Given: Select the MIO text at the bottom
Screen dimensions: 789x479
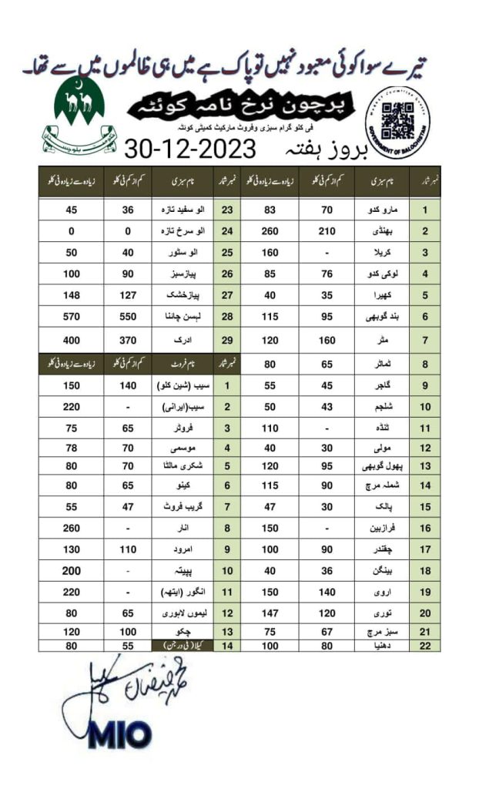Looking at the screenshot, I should [x=120, y=735].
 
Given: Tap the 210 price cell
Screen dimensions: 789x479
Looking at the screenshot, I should [x=327, y=230].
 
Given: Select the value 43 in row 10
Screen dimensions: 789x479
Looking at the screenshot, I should [x=327, y=406].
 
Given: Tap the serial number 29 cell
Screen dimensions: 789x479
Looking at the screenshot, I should [x=227, y=340].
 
